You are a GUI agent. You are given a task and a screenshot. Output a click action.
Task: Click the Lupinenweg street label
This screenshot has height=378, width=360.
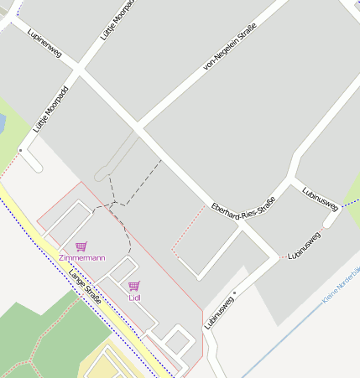44,52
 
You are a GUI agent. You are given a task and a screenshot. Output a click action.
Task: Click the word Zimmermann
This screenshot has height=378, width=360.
82,258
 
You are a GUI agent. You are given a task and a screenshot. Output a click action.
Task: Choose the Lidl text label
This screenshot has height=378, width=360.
134,297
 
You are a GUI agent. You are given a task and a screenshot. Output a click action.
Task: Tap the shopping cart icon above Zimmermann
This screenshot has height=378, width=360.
81,246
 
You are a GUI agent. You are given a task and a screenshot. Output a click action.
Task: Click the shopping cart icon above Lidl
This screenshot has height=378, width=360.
134,285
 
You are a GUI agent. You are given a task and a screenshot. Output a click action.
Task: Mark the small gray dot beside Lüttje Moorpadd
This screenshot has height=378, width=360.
21,150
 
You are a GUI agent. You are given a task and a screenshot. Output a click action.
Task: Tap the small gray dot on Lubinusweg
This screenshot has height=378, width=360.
235,293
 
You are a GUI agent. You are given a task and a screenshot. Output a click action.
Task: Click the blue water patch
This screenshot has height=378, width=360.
2,124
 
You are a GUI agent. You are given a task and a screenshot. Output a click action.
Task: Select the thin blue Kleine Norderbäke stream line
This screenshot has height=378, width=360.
285,331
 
